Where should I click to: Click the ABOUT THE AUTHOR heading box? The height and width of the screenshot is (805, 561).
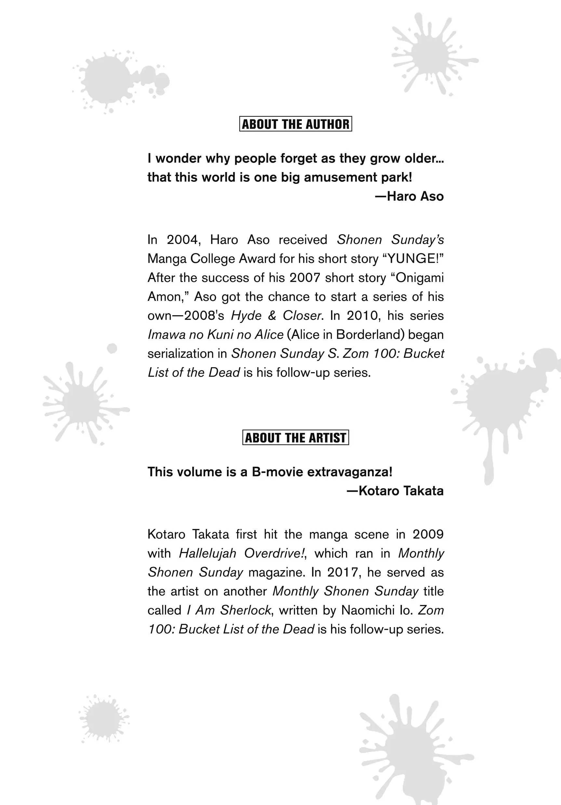pos(296,124)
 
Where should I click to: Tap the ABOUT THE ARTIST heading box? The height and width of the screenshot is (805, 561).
pos(296,437)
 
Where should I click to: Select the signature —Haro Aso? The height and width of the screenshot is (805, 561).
pos(409,196)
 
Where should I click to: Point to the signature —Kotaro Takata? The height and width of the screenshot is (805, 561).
pos(395,491)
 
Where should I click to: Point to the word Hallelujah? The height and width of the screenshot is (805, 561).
pos(207,553)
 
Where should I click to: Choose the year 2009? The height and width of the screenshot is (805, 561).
pos(428,534)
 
